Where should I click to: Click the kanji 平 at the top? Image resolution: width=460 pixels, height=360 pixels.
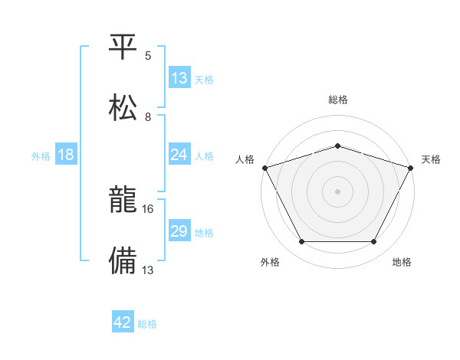(123, 47)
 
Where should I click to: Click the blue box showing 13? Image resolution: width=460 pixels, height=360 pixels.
(179, 78)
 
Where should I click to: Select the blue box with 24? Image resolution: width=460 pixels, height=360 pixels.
(179, 155)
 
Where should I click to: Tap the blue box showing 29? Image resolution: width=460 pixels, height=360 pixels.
(179, 231)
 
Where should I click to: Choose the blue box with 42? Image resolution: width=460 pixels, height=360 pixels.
(123, 322)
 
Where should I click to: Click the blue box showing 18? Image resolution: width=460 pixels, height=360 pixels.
(66, 155)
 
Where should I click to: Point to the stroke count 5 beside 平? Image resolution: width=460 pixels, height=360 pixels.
(148, 56)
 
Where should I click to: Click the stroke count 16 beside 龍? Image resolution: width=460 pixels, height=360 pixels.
(149, 208)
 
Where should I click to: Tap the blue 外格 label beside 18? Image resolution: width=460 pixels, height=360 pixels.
(41, 155)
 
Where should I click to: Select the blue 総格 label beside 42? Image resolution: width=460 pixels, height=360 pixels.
(147, 323)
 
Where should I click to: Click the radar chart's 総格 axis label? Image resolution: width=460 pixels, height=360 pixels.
(338, 100)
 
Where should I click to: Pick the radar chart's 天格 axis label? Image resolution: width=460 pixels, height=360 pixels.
(431, 159)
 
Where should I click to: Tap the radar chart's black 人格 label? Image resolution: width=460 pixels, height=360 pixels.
(245, 159)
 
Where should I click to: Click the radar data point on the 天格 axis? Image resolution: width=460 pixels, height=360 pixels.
(411, 167)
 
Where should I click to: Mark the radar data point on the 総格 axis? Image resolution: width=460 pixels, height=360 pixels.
(338, 146)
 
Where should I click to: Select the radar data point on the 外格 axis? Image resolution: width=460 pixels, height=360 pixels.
(301, 242)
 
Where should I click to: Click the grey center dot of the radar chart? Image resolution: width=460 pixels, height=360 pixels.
(338, 191)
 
